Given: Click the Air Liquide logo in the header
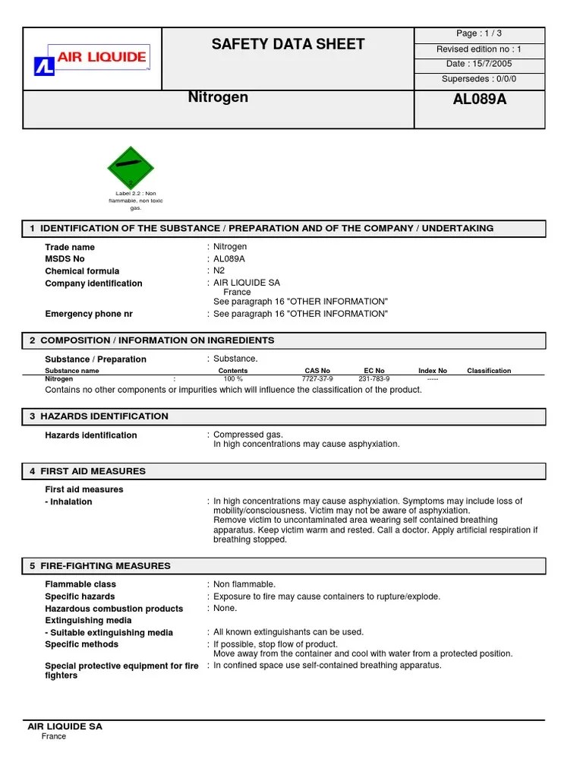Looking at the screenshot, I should click(x=90, y=59).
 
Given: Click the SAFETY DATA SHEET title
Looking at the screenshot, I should click(x=288, y=44).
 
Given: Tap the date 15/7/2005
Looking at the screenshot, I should click(x=478, y=64).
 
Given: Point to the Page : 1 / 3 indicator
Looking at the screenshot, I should click(x=478, y=33).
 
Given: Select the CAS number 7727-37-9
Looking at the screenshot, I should click(x=317, y=378).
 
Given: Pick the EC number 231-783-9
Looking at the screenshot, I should click(x=373, y=378).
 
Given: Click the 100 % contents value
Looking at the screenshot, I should click(x=233, y=378).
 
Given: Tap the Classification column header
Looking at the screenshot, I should click(x=489, y=371).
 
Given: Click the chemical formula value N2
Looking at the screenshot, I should click(x=219, y=270).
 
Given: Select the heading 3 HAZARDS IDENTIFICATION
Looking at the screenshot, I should click(x=99, y=416).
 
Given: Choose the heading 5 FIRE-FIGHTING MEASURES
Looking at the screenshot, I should click(x=99, y=566).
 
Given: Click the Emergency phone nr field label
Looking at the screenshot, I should click(x=89, y=314).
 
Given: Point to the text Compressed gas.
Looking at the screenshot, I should click(x=248, y=435).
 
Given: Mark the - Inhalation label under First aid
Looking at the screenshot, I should click(x=68, y=501).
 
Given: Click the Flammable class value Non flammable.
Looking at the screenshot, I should click(x=244, y=584).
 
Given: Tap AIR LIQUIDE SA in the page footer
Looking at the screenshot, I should click(x=65, y=726).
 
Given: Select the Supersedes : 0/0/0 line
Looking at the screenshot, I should click(x=478, y=79).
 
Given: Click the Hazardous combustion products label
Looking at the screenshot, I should click(x=114, y=609).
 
